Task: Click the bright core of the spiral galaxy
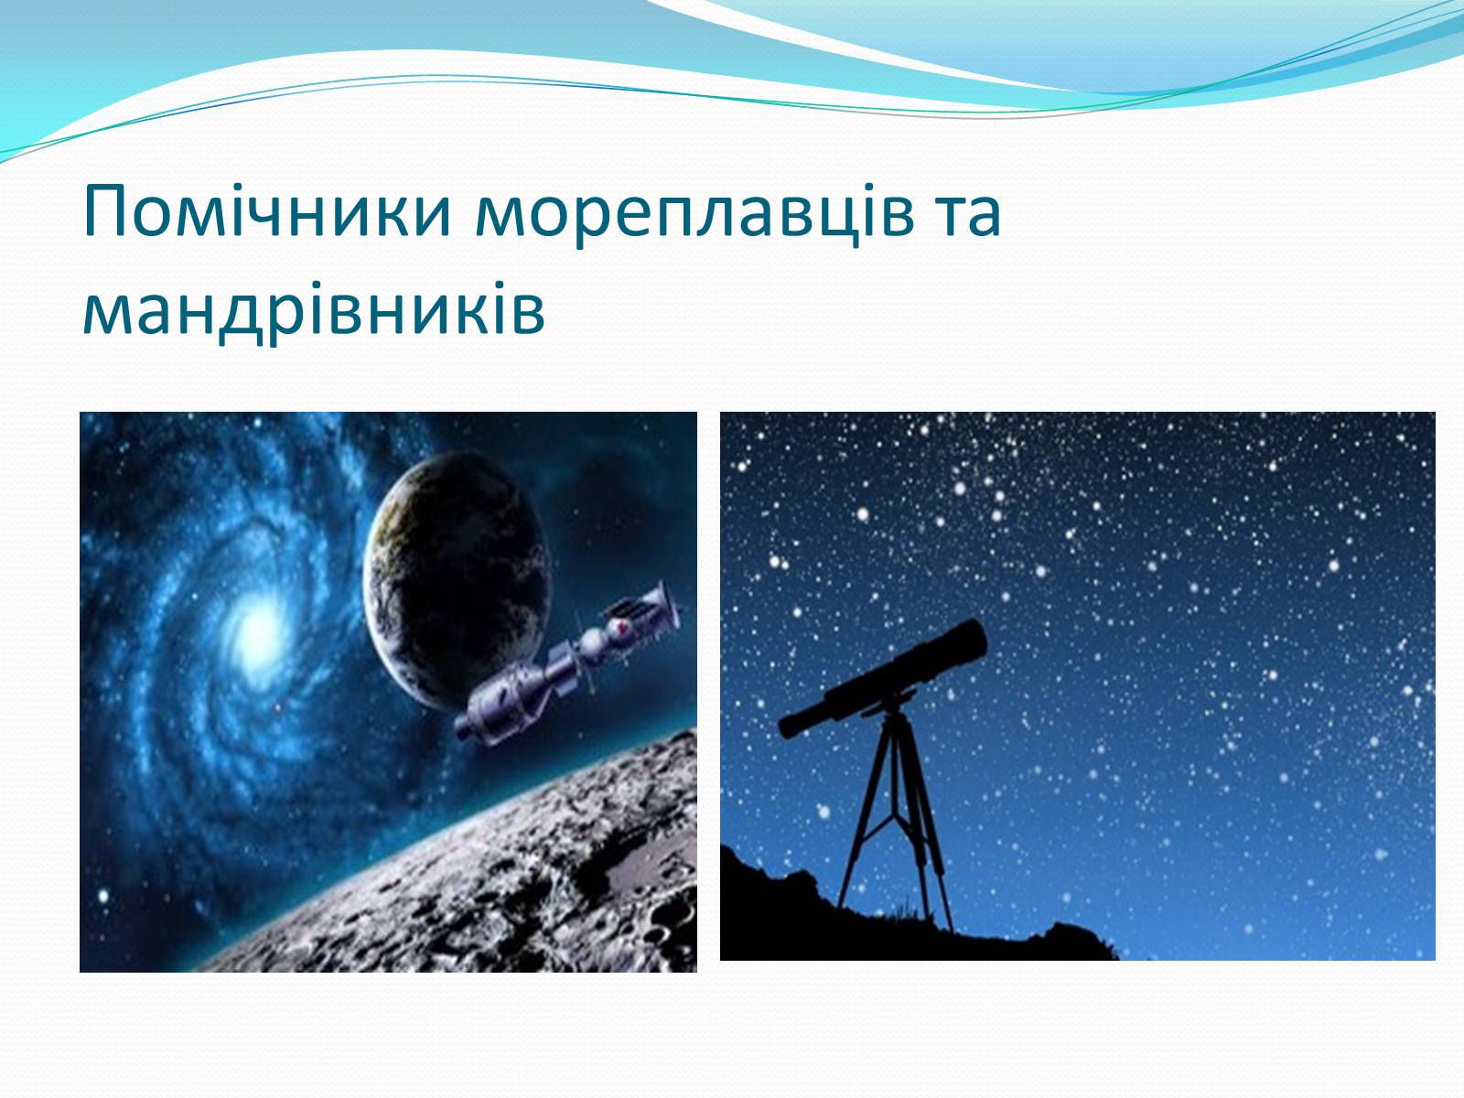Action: [x=254, y=631]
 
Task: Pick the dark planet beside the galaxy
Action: [x=457, y=581]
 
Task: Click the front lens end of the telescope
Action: [x=974, y=638]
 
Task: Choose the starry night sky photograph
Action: [x=1078, y=686]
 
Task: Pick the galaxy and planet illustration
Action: [x=388, y=692]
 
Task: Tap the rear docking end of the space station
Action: [x=470, y=726]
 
